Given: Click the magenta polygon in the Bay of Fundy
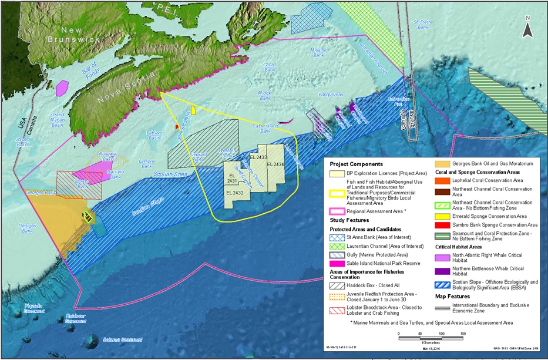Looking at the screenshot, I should point(61,88).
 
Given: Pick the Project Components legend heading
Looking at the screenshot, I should point(356,164).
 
